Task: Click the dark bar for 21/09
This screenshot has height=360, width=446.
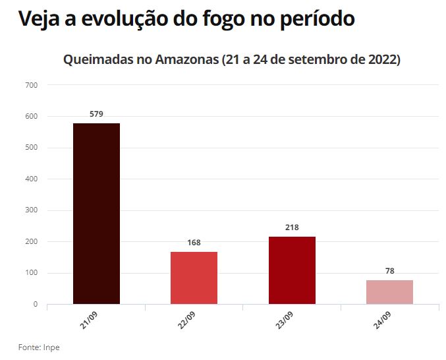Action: (x=96, y=214)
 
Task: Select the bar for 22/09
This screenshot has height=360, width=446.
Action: (x=194, y=278)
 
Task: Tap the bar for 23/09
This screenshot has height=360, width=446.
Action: (x=292, y=270)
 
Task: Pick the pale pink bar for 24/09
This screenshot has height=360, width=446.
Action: (x=389, y=292)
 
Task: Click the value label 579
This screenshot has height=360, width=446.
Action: (x=96, y=114)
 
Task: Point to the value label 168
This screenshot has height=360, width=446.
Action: (x=194, y=243)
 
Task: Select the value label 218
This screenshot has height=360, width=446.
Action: (x=292, y=227)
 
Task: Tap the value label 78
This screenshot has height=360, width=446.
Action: (x=389, y=271)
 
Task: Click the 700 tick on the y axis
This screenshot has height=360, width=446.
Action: (x=32, y=85)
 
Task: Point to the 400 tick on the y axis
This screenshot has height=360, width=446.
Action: (x=32, y=179)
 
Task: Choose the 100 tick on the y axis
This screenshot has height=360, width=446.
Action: (x=32, y=273)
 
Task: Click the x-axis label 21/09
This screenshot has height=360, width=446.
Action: (x=88, y=320)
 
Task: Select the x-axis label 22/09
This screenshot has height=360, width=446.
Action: (x=186, y=320)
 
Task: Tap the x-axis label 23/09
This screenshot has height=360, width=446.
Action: (x=284, y=320)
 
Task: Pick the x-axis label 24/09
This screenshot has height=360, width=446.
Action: (x=381, y=320)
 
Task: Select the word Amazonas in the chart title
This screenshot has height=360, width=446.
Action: (x=187, y=60)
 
